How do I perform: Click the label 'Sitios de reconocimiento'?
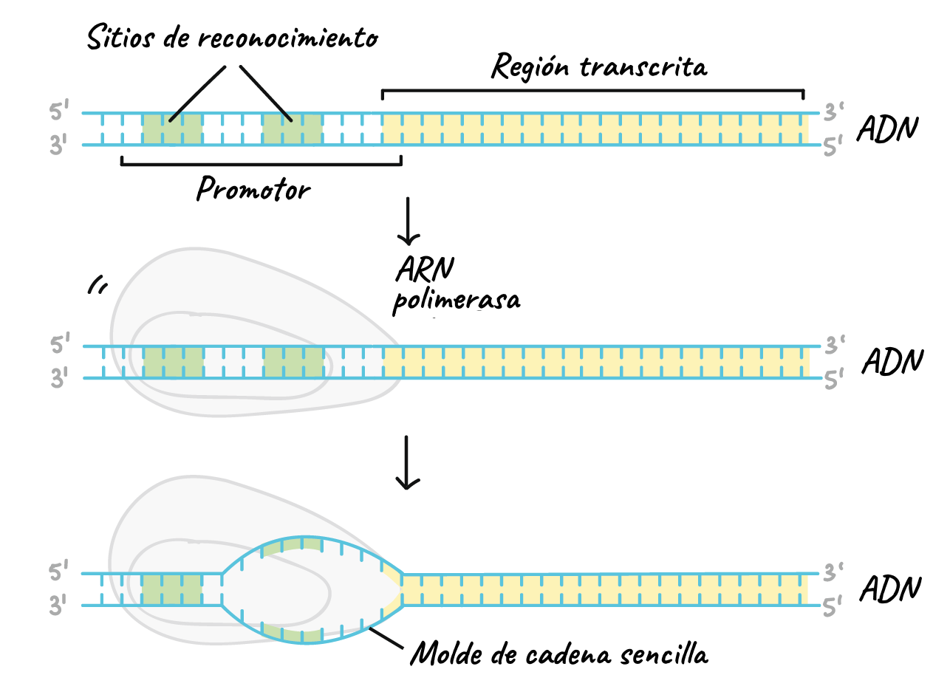coord(231,37)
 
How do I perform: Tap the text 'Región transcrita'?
coord(599,67)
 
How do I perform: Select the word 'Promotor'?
coord(253,190)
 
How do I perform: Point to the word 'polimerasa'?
coord(456,301)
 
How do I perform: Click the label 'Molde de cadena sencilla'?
coord(559,654)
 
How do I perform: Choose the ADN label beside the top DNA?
coord(887,129)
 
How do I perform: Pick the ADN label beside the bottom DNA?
coord(890,589)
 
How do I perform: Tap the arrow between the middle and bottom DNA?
coord(407,462)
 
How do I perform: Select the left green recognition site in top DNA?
coord(172,129)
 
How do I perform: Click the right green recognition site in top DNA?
coord(293,129)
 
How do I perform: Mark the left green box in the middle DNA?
coord(173,362)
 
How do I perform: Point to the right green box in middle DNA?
coord(293,362)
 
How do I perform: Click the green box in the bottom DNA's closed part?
coord(171,589)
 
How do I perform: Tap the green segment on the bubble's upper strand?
coord(292,545)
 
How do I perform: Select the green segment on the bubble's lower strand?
coord(293,634)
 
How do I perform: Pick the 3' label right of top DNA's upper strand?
coord(834,113)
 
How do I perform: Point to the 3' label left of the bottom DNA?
coord(59,606)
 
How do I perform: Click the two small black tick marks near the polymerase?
coord(95,286)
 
